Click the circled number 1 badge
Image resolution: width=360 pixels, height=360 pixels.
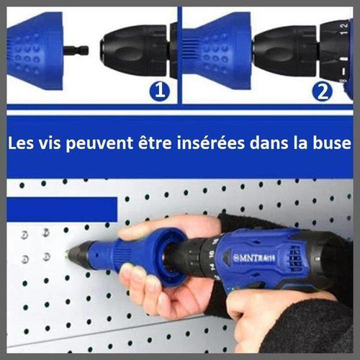point(160,91)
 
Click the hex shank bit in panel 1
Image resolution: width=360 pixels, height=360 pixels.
point(76,50)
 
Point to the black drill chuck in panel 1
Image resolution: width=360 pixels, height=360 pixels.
point(135,50)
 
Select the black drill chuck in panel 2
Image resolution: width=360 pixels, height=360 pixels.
point(286,51)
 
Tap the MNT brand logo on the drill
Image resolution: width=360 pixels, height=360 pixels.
point(254,258)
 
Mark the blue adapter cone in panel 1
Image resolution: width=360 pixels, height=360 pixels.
point(35,51)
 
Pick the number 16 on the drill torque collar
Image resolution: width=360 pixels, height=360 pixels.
point(212,254)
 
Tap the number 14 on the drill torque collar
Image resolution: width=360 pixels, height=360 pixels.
point(212,267)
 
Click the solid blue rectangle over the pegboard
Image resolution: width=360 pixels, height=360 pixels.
point(62,210)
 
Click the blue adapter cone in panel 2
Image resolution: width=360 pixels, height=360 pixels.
point(217,51)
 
